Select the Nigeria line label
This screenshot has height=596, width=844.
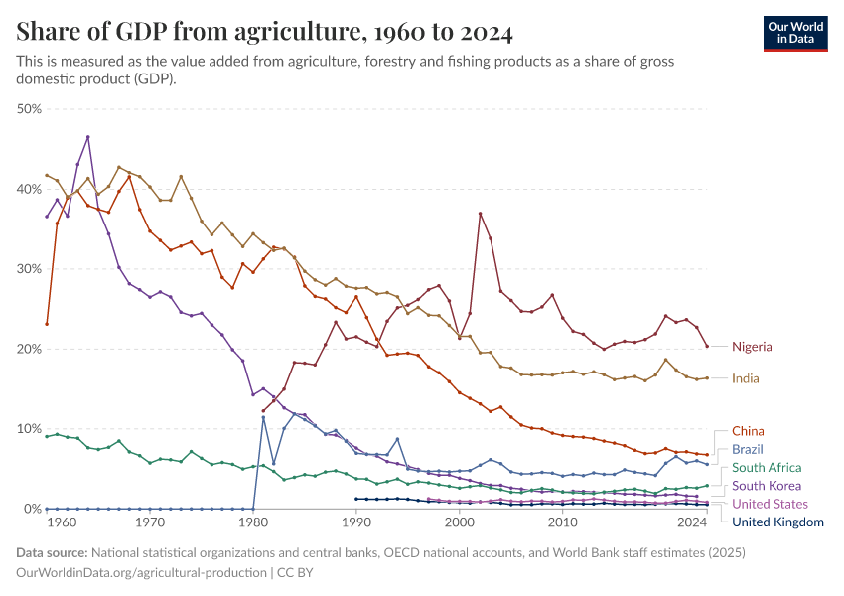tap(752, 347)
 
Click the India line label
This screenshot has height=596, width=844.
tap(746, 378)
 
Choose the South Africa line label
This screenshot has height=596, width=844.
tap(767, 467)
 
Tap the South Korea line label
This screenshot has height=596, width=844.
tap(766, 486)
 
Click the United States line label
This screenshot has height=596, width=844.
tap(770, 504)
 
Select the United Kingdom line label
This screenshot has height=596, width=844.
tap(777, 521)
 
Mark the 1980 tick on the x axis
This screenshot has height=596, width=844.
tap(253, 521)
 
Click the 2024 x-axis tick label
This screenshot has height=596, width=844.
tap(692, 521)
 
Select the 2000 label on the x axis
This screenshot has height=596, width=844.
tap(460, 521)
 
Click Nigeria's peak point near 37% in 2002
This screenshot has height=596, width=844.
tap(481, 214)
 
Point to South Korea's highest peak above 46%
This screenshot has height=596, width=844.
tap(88, 137)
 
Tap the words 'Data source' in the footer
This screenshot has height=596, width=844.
tap(51, 552)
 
